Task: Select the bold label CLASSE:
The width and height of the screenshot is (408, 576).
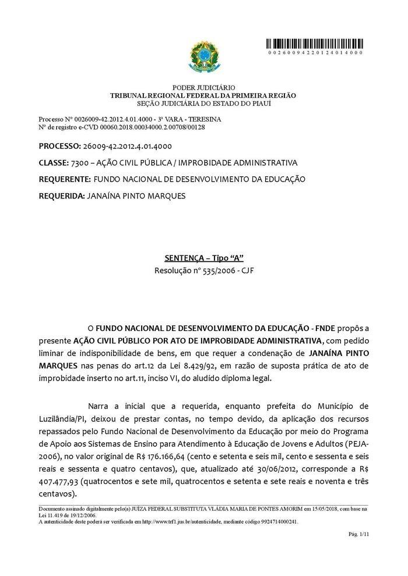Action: (53, 162)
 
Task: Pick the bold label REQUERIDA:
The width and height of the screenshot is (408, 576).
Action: (61, 196)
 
